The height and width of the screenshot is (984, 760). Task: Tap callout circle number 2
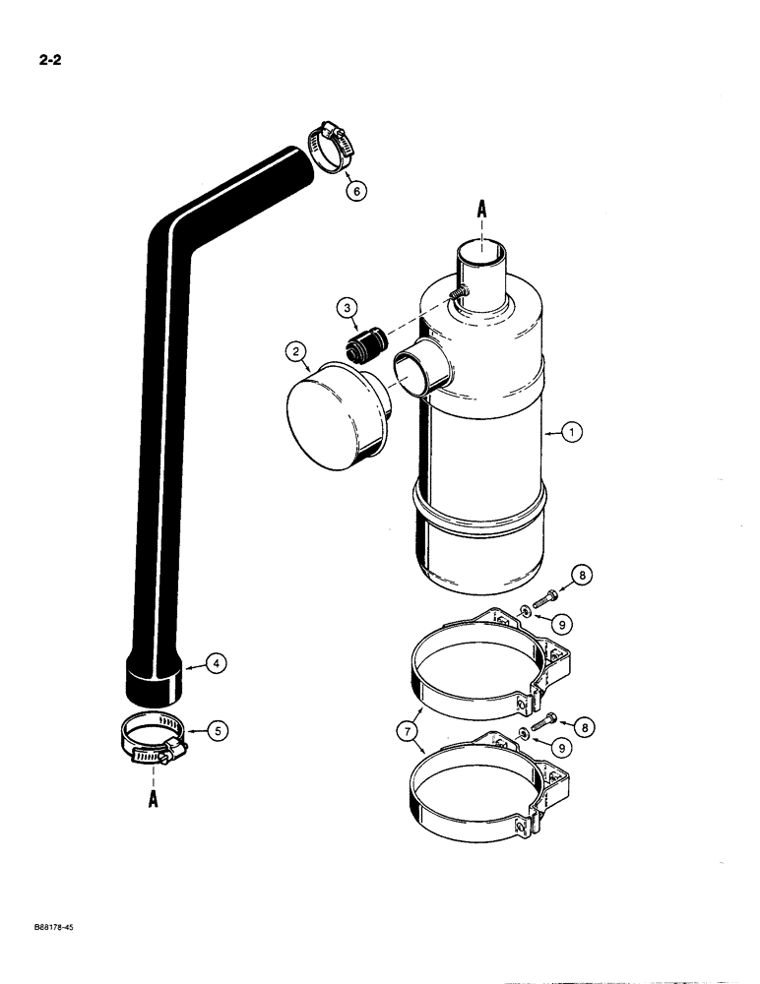click(x=293, y=351)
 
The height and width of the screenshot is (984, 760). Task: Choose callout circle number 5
click(x=219, y=730)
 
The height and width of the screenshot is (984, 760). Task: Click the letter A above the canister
click(x=481, y=209)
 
